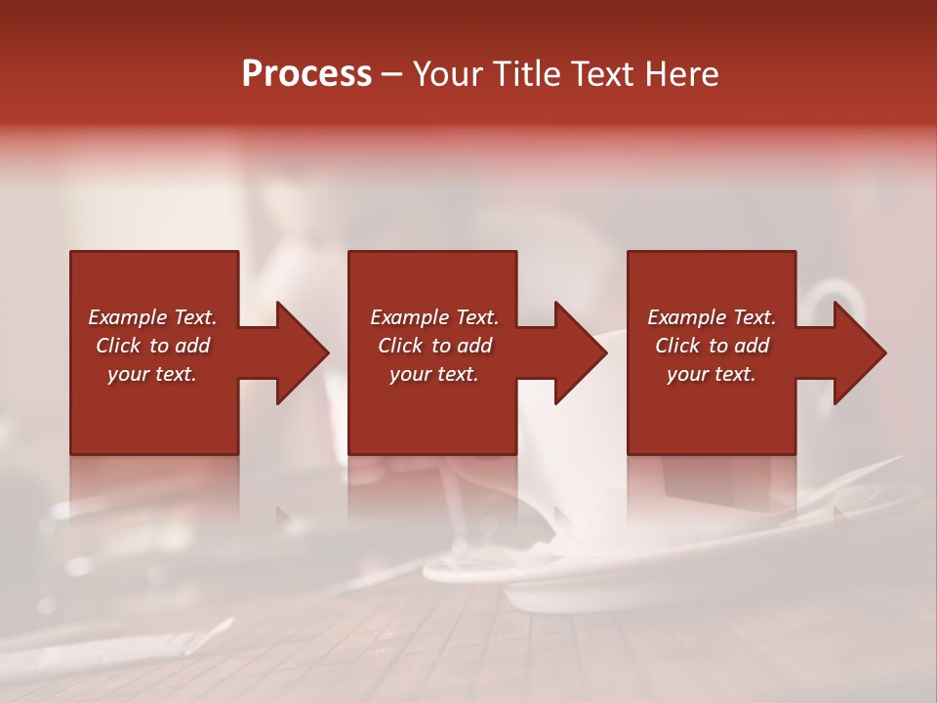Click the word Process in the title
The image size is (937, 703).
[306, 74]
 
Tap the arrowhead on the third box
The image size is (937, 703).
[859, 352]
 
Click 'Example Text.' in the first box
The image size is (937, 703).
[152, 317]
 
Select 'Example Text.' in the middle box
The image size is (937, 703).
[433, 317]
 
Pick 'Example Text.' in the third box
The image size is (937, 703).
[712, 317]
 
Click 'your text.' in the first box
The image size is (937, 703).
[152, 374]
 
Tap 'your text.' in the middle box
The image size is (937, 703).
[433, 374]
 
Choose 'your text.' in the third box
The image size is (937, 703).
[712, 374]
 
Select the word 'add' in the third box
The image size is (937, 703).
[752, 346]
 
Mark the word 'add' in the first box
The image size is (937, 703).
[192, 346]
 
